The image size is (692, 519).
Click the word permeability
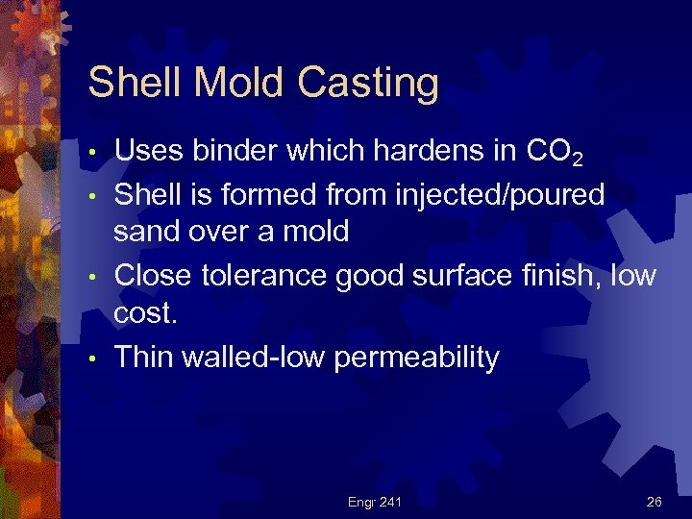point(416,358)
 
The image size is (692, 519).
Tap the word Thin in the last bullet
point(144,358)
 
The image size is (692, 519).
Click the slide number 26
point(654,502)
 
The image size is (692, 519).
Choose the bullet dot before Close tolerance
point(91,278)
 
